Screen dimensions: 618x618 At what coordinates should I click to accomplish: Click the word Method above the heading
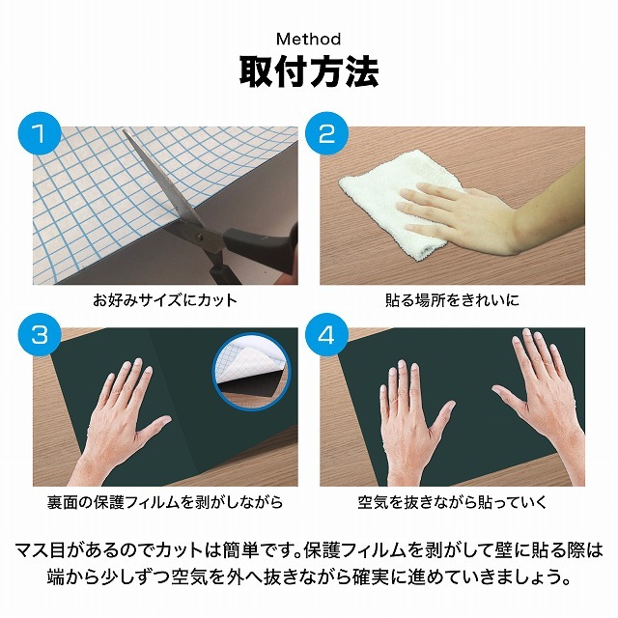coord(309,39)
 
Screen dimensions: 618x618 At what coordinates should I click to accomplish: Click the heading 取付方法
coord(309,72)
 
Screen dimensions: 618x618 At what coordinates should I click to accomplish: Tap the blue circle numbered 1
coord(40,133)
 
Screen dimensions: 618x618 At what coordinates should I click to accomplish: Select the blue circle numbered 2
coord(326,133)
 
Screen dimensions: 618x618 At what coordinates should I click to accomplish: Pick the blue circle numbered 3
coord(40,335)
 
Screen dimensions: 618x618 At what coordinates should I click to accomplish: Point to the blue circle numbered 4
coord(326,335)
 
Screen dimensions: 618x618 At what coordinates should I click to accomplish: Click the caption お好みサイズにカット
coord(165,300)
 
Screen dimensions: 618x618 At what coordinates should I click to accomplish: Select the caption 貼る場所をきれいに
coord(452,300)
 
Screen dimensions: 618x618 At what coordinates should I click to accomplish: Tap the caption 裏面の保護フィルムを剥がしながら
coord(165,502)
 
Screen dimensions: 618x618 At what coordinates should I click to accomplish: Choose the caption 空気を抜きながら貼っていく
coord(452,502)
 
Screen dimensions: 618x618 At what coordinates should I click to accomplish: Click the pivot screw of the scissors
coord(199,237)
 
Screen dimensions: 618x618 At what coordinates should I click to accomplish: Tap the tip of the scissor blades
coord(125,131)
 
